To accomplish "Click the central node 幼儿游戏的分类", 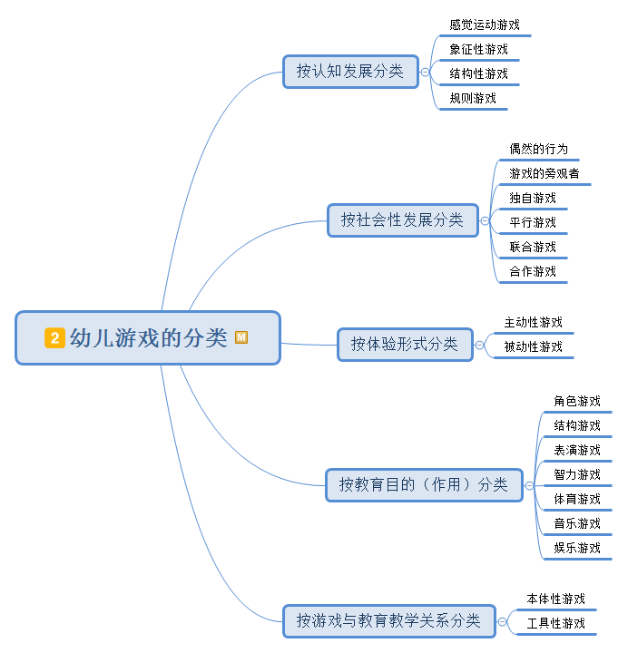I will pos(148,338).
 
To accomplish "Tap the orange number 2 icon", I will pos(54,338).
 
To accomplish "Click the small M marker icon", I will pos(241,337).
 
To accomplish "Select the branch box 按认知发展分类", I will pos(349,71).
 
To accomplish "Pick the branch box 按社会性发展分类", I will pos(402,219).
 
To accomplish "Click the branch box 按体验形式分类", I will pos(405,345).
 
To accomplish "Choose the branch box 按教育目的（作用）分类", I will pos(424,484).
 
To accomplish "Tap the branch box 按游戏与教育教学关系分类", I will pos(388,621).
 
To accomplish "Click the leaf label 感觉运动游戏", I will pos(485,25).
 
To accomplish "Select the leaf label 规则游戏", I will pos(473,98).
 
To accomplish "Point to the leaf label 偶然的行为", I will pos(539,149).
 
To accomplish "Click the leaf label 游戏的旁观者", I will pos(545,173).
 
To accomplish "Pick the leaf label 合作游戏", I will pos(533,271).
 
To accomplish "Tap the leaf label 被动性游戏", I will pos(533,346).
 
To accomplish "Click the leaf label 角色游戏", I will pos(577,401).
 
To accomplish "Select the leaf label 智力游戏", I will pos(577,474).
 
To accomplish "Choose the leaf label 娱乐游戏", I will pos(577,548).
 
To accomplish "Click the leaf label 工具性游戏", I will pos(555,623).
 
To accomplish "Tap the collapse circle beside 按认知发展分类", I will pos(426,72).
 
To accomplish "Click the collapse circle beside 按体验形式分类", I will pos(480,345).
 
